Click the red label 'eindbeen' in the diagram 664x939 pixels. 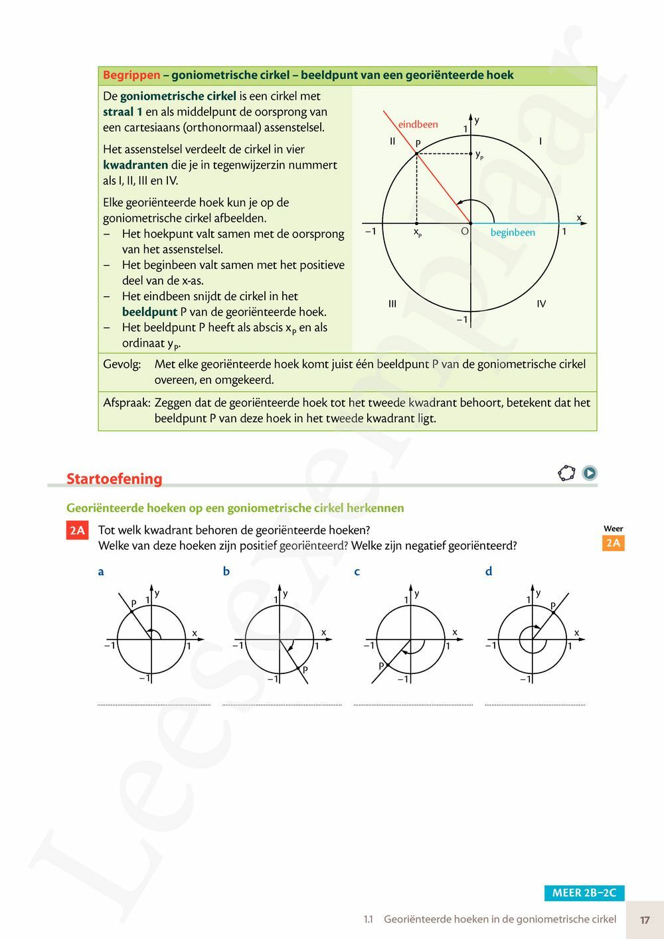(418, 124)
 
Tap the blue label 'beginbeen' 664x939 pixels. (513, 232)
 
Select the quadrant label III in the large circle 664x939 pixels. (392, 303)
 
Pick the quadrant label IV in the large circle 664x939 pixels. (541, 303)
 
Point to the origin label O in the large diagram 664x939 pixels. (464, 231)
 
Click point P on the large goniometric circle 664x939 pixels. (416, 153)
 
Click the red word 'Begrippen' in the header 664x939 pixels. (131, 75)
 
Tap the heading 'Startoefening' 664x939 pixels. (114, 479)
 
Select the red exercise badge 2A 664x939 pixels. (78, 530)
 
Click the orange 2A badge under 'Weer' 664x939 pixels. (613, 543)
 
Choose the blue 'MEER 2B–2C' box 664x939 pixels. (584, 893)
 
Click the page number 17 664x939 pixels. (645, 920)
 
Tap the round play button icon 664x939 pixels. (589, 473)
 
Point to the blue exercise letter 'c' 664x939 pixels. (357, 571)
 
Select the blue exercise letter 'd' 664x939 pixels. (489, 571)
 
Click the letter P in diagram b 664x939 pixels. (305, 670)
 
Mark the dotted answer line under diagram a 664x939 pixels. (154, 705)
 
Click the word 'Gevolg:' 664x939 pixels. (122, 364)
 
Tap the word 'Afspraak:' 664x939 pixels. (126, 402)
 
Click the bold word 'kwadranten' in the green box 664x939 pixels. (135, 165)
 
